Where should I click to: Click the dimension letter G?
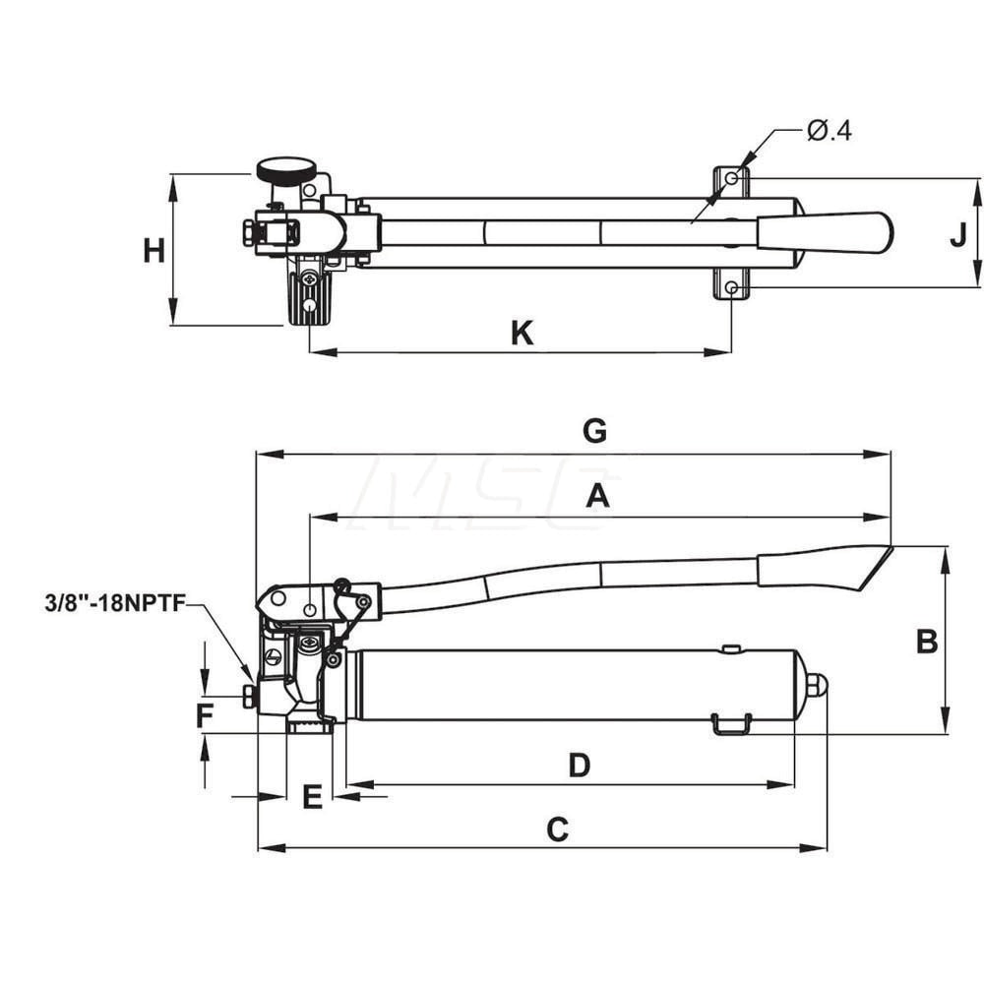[x=594, y=432]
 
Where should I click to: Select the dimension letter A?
[x=597, y=497]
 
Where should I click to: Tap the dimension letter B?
[x=926, y=642]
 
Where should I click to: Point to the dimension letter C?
[x=557, y=830]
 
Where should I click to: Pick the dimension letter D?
[x=580, y=766]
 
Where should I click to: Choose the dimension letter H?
[x=154, y=252]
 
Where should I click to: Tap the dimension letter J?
[x=957, y=235]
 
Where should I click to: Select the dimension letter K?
[x=522, y=335]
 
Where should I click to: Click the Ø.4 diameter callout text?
[x=829, y=131]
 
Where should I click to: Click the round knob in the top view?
[x=280, y=171]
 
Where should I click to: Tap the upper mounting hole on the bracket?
[x=732, y=179]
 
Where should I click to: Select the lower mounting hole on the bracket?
[x=732, y=287]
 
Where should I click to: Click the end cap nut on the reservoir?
[x=817, y=685]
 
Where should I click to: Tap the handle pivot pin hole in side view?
[x=310, y=611]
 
